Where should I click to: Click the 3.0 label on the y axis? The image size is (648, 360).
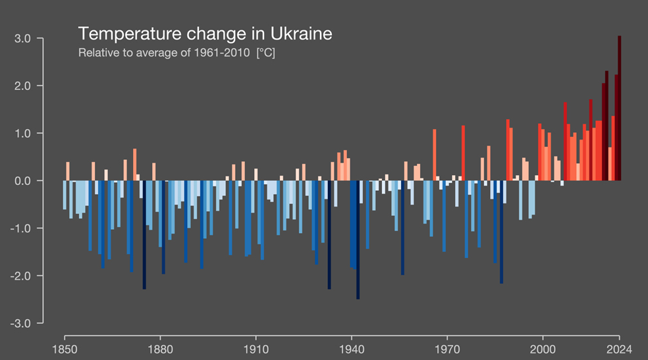coord(23,39)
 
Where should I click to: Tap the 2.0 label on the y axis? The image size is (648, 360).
coord(23,86)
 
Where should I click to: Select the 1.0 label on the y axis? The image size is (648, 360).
coord(23,134)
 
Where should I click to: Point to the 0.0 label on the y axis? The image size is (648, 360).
coord(23,181)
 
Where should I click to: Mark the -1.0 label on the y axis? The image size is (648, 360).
coord(21,228)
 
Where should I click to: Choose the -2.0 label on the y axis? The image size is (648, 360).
coord(21,276)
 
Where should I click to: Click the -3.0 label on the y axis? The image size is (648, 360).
coord(21,323)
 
